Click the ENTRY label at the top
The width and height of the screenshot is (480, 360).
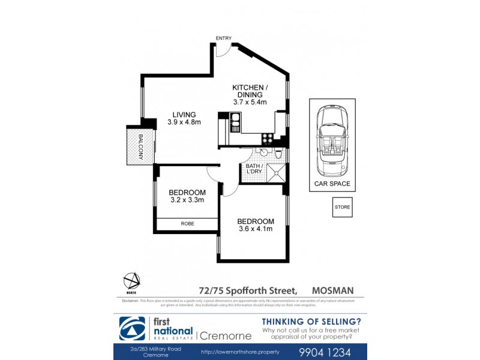(x=224, y=38)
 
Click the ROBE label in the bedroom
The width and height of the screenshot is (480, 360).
(x=187, y=224)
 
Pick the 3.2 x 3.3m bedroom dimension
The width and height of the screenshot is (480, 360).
(x=187, y=200)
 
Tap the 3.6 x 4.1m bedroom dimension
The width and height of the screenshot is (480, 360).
(x=255, y=229)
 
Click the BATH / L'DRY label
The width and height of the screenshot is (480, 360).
(x=251, y=169)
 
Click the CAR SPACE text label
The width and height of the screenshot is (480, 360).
(x=332, y=184)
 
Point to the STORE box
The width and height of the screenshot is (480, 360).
(x=342, y=207)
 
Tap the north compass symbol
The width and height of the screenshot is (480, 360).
(x=131, y=281)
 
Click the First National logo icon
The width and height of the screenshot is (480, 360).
(x=132, y=329)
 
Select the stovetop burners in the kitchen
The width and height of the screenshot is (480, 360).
(x=268, y=137)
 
